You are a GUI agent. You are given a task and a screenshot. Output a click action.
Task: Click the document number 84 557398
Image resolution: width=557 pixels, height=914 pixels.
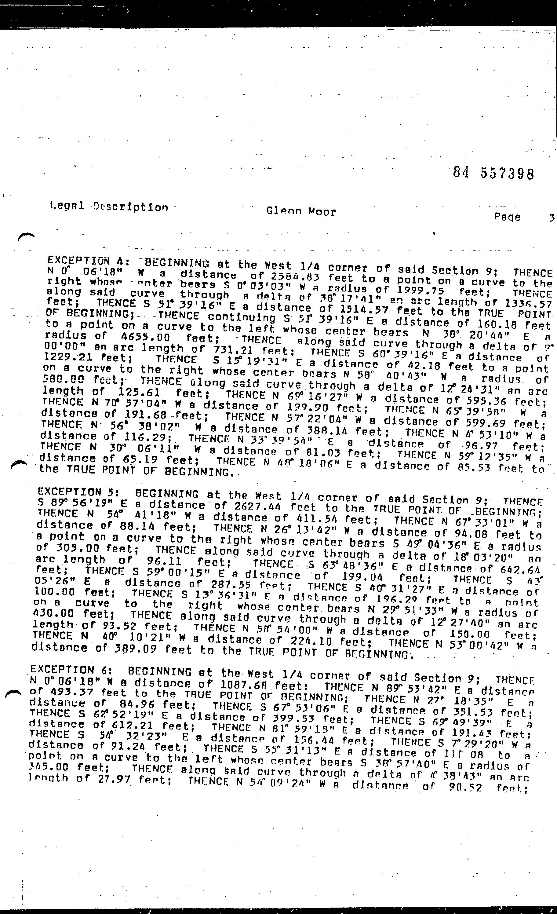click(493, 173)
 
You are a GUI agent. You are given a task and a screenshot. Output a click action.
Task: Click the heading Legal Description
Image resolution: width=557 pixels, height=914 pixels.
click(109, 206)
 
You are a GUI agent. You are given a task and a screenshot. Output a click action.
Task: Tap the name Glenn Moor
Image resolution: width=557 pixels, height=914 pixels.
click(301, 211)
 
